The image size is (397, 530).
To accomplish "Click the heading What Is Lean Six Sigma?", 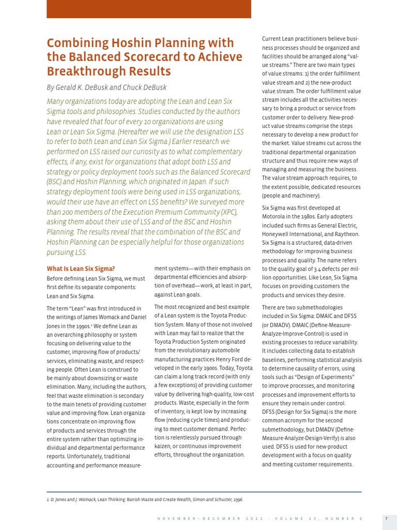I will (81, 269).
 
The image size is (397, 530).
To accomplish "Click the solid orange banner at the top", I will (149, 9).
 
